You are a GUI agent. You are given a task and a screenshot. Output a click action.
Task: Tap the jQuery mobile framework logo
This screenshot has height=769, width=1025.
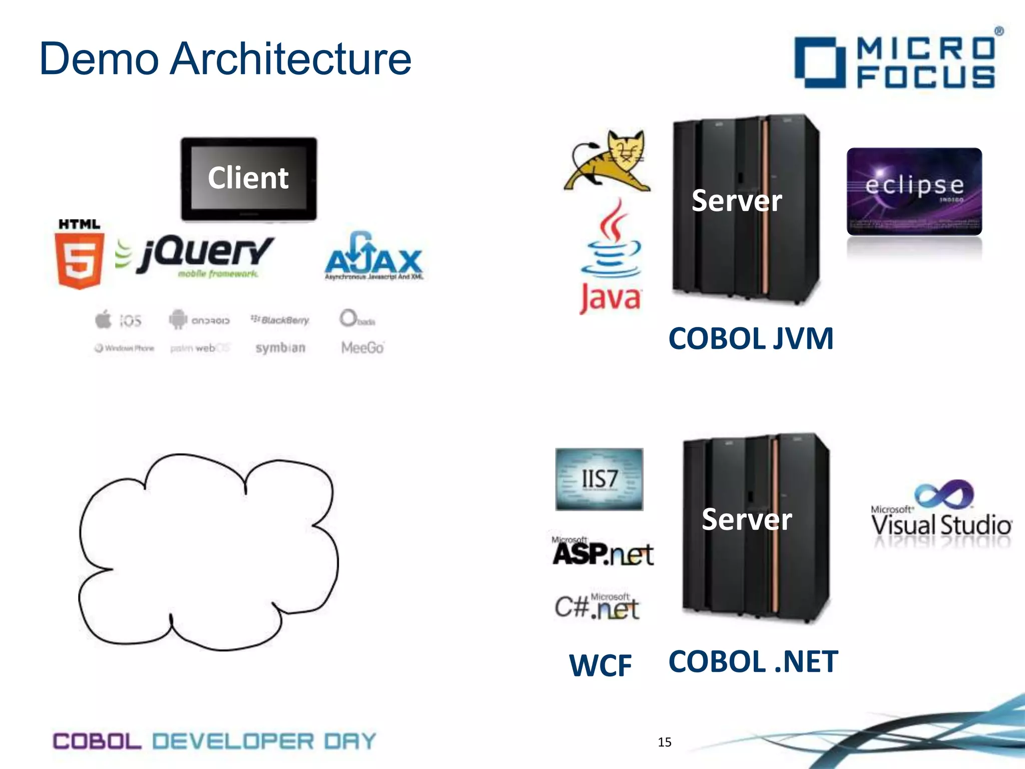coord(200,255)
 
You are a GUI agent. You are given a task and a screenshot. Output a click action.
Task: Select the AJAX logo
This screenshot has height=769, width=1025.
coord(374,256)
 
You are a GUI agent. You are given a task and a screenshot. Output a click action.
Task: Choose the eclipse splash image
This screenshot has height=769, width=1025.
coord(914,191)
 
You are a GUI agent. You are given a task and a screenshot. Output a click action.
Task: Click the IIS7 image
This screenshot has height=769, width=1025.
coord(599,479)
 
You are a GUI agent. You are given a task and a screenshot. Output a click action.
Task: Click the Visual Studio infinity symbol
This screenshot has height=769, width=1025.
coord(944,495)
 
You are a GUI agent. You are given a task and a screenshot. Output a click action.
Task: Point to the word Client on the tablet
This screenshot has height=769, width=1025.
coord(248,178)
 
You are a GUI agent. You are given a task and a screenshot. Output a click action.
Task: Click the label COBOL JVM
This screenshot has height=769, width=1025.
coord(751,339)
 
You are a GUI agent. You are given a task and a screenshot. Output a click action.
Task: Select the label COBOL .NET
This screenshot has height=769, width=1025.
coord(753,661)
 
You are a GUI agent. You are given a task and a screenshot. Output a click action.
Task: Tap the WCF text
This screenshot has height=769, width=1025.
coord(600,665)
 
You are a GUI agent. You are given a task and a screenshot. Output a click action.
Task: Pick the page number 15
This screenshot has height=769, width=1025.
coord(664,742)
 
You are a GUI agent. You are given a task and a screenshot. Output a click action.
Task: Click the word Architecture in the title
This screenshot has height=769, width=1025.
coord(290,59)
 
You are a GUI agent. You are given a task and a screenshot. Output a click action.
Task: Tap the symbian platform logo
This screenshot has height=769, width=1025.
coord(280,347)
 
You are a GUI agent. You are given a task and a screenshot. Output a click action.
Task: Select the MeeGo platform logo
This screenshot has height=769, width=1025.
coord(362,347)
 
